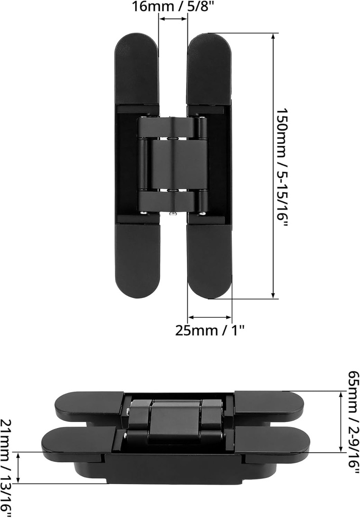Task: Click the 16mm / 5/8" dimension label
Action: (173, 7)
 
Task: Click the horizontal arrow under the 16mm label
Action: (173, 19)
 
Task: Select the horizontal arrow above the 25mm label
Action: (210, 318)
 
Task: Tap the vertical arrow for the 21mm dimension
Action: (19, 467)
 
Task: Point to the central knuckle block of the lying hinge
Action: (175, 420)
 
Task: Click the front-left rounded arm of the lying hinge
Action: (76, 443)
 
